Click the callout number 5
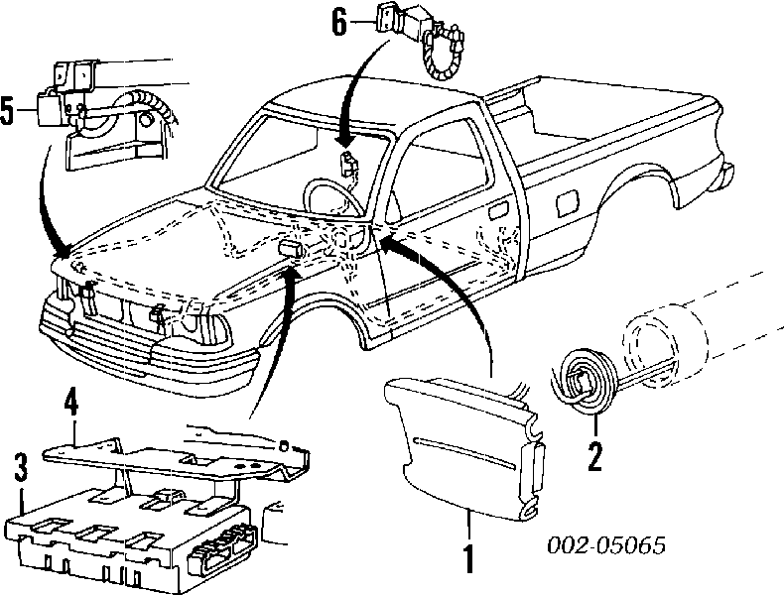point(9,111)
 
